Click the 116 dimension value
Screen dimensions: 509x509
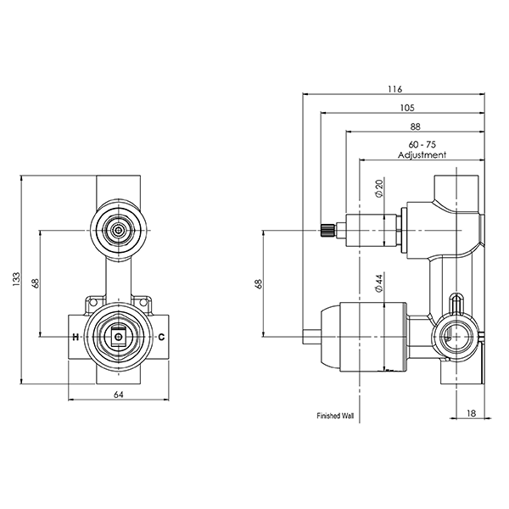tap(394, 88)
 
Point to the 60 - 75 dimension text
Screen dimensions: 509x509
tap(421, 145)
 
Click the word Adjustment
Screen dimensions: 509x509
tap(422, 155)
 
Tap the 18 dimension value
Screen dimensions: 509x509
tap(473, 413)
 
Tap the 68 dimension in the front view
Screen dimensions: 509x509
tap(36, 283)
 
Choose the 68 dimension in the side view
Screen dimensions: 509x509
tap(258, 282)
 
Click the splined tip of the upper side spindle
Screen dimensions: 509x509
tap(327, 230)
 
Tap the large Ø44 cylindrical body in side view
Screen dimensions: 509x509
tap(361, 336)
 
